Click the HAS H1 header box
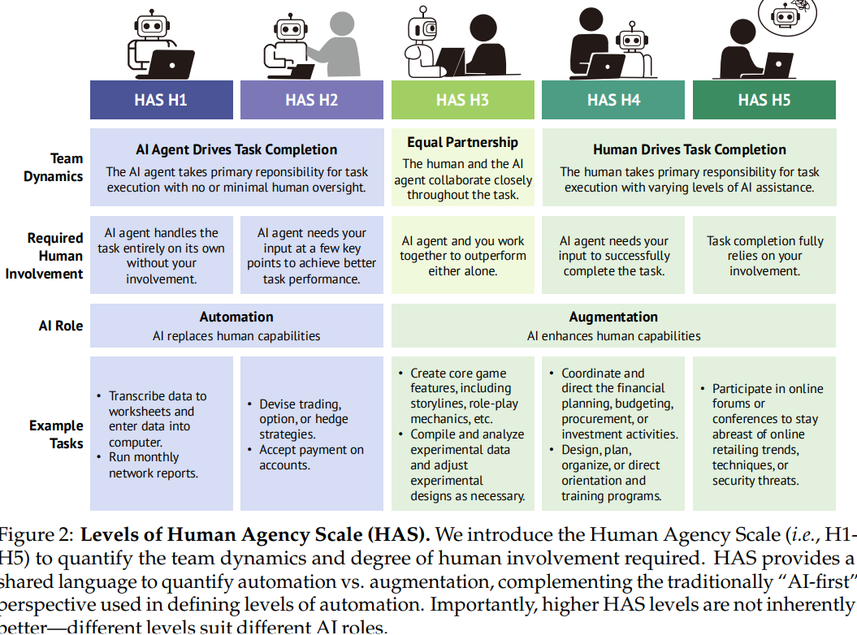tap(161, 100)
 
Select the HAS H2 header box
tap(311, 100)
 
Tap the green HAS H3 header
tap(462, 100)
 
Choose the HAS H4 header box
tap(613, 100)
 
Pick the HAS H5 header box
tap(764, 100)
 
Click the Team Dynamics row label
tap(54, 167)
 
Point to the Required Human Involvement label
tap(45, 256)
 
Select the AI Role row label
tap(61, 326)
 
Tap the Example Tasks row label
tap(56, 434)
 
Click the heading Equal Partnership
tap(462, 142)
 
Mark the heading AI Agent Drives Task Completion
tap(236, 149)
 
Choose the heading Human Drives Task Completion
tap(690, 149)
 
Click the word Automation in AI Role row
tap(236, 317)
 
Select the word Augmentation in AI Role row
tap(613, 317)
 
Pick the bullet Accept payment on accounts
tap(310, 457)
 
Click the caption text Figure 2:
tap(36, 536)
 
